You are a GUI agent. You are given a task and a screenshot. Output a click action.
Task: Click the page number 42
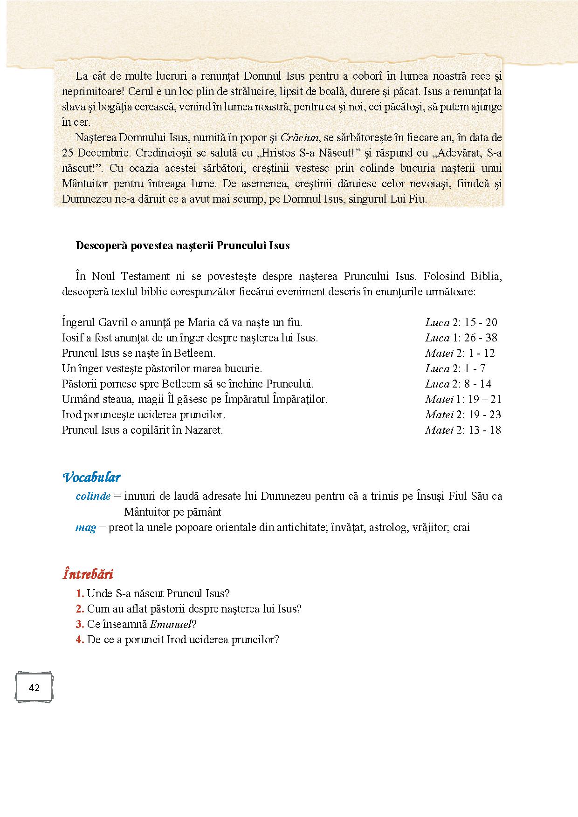click(x=34, y=688)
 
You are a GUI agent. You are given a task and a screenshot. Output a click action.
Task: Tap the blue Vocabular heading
click(x=91, y=477)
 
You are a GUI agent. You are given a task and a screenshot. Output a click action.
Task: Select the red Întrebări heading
click(x=88, y=574)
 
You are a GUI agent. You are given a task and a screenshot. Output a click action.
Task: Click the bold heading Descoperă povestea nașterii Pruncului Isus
click(x=183, y=245)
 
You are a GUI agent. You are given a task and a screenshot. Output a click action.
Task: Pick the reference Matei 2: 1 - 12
click(x=460, y=353)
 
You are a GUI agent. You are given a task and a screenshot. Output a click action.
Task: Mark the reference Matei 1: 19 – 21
click(x=463, y=399)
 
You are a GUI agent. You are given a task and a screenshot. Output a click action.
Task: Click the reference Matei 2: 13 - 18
click(x=463, y=430)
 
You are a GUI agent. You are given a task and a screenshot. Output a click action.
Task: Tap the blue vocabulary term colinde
click(x=93, y=496)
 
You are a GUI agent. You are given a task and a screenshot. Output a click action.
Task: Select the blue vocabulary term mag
click(x=86, y=527)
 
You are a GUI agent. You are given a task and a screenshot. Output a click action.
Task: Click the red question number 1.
click(x=80, y=593)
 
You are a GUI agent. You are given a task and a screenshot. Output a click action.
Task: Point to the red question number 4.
click(x=80, y=640)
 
